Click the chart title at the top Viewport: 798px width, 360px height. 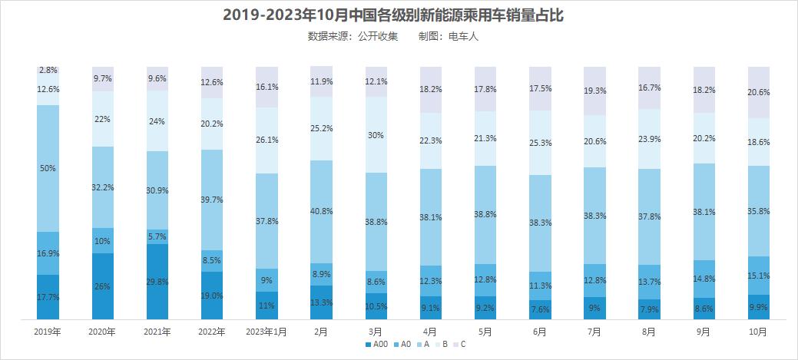click(x=399, y=15)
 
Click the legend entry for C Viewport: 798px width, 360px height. click(x=459, y=345)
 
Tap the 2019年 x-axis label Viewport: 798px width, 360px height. click(x=48, y=332)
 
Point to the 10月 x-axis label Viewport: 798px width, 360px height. click(x=758, y=332)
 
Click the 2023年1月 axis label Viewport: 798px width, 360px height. click(x=267, y=332)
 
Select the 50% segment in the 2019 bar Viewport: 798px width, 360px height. click(x=48, y=168)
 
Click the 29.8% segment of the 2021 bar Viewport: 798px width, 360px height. click(x=157, y=281)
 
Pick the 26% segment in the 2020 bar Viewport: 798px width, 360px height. click(x=103, y=286)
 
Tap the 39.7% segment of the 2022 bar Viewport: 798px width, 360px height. click(x=212, y=200)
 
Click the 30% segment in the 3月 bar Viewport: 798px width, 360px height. click(x=376, y=135)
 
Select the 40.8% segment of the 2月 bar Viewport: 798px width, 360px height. click(x=321, y=211)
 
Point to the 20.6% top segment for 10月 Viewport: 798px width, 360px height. click(x=759, y=92)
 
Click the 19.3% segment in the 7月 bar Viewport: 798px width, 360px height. click(x=594, y=91)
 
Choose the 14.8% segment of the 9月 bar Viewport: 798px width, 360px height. click(x=704, y=279)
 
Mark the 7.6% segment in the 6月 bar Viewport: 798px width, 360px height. click(x=540, y=309)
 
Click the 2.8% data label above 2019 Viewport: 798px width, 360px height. click(x=48, y=71)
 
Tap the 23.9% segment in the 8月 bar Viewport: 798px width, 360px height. click(x=650, y=139)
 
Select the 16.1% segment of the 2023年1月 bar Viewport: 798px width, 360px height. click(x=267, y=87)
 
